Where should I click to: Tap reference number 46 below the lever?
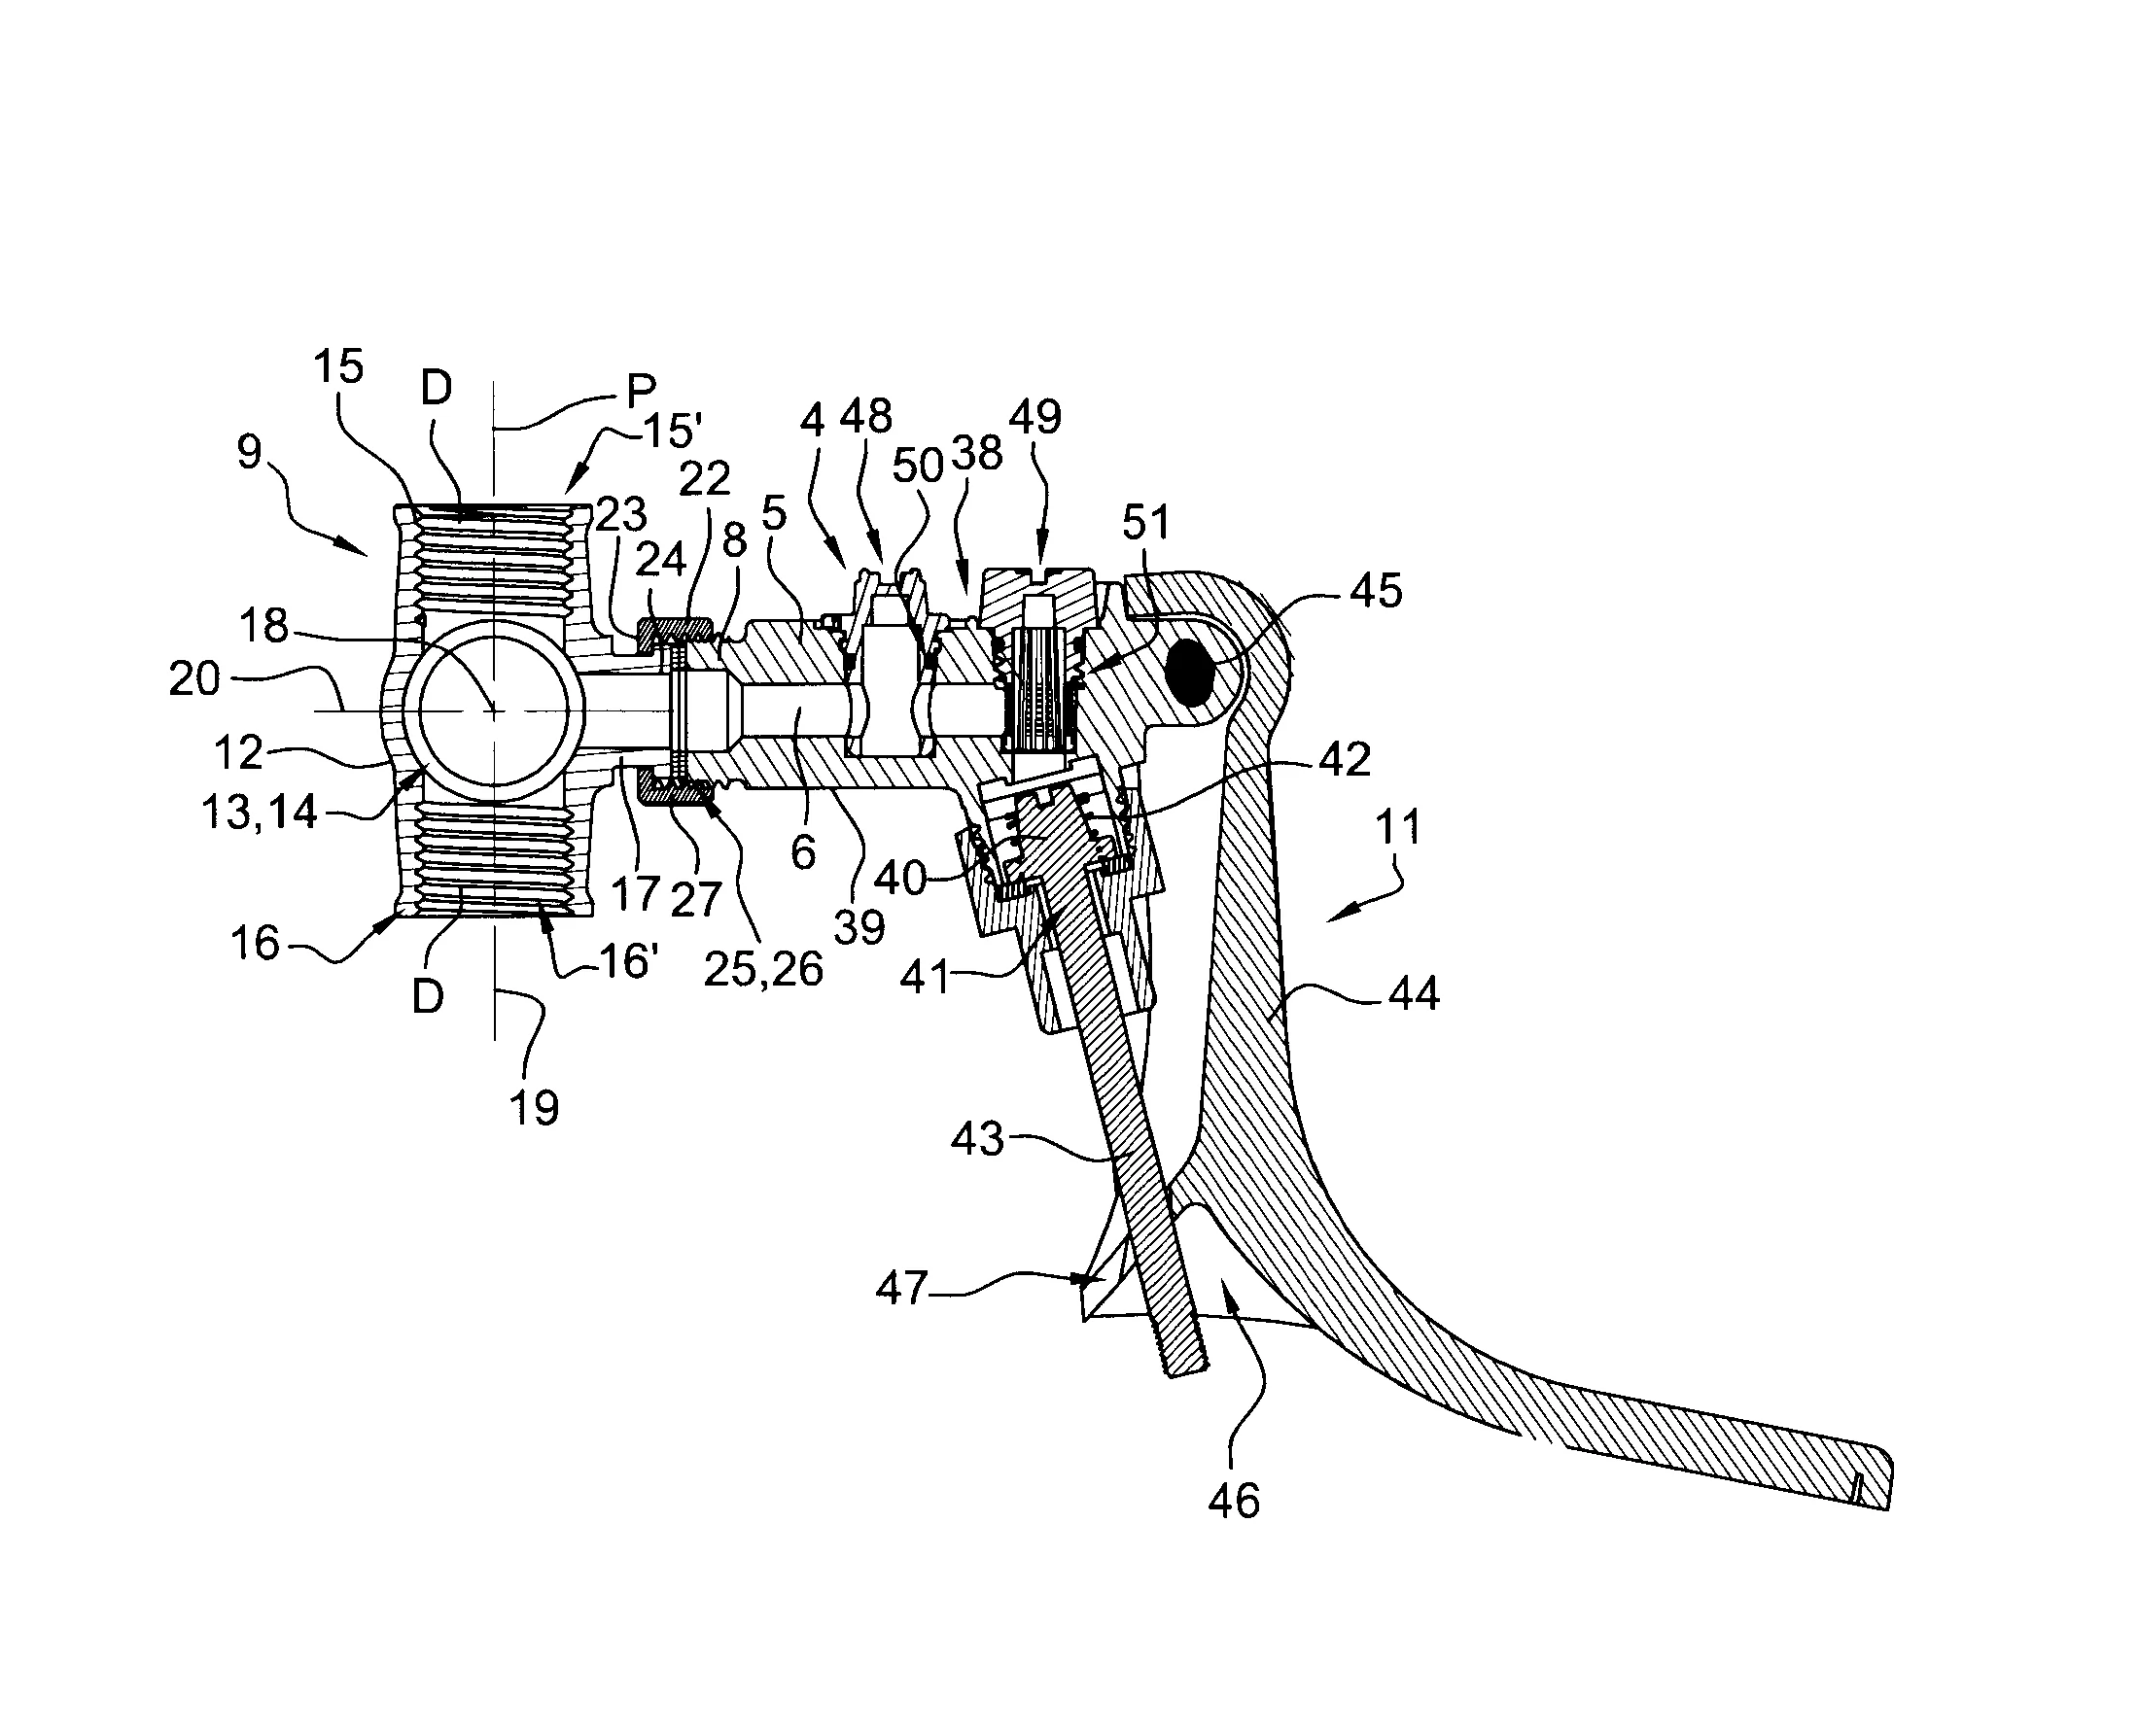click(1234, 1500)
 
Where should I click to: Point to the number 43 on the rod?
click(976, 1138)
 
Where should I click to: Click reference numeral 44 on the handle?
click(1413, 993)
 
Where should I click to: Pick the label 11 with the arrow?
click(1397, 826)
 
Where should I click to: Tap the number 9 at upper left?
click(249, 451)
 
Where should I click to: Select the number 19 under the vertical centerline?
click(534, 1107)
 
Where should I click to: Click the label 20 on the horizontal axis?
click(194, 678)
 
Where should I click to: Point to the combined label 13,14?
click(259, 813)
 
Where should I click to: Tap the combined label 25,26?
click(763, 968)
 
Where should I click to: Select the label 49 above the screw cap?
click(1035, 416)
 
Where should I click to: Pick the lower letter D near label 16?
click(428, 995)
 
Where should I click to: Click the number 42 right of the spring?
click(1344, 760)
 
